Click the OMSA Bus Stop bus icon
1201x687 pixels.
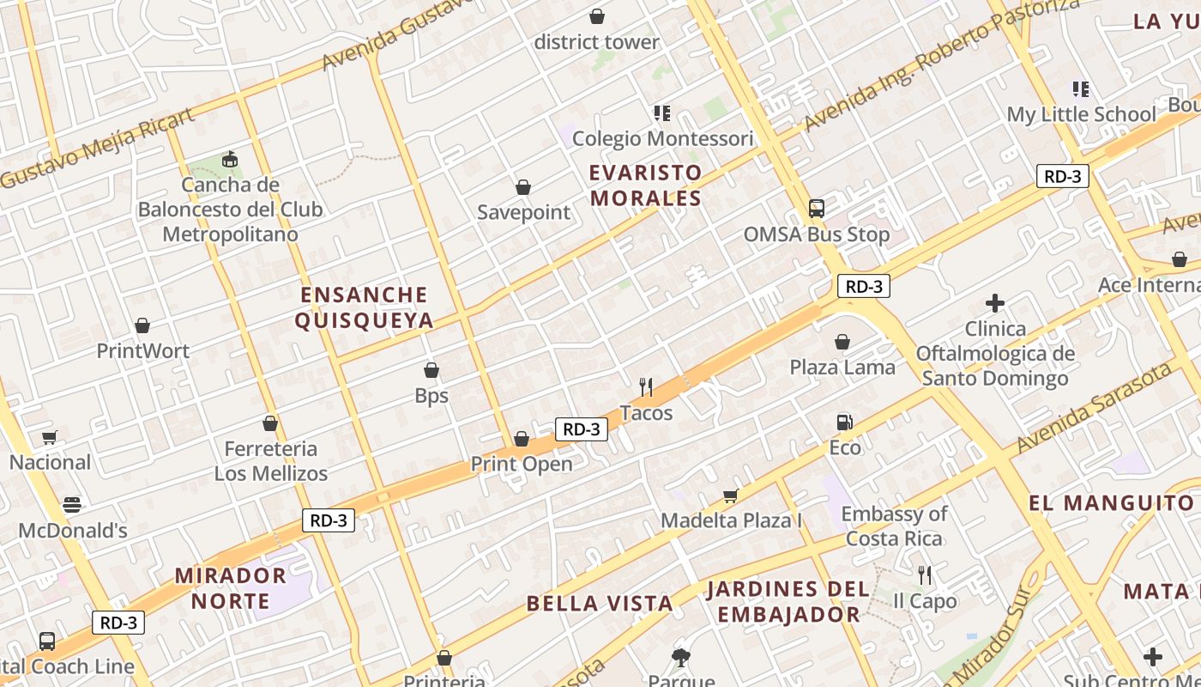(817, 209)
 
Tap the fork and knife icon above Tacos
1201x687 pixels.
(646, 387)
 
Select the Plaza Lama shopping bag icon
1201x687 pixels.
(842, 342)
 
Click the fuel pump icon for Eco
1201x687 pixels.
(844, 422)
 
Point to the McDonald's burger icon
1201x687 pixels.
(72, 505)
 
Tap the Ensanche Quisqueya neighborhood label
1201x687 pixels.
(364, 307)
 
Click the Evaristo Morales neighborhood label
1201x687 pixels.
(645, 185)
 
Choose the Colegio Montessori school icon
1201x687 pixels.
(661, 113)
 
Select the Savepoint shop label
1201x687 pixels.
(523, 212)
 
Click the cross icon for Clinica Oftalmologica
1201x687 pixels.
(995, 303)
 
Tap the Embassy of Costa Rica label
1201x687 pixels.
(894, 526)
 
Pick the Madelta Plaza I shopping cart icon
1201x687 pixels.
(730, 495)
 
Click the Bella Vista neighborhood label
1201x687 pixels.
(600, 603)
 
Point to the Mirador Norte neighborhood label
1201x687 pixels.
(231, 587)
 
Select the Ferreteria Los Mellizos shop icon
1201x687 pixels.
(270, 423)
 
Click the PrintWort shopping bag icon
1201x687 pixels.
(142, 325)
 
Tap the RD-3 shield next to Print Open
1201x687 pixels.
(582, 429)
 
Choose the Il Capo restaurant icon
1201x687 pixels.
(924, 575)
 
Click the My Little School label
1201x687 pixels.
(1081, 114)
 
